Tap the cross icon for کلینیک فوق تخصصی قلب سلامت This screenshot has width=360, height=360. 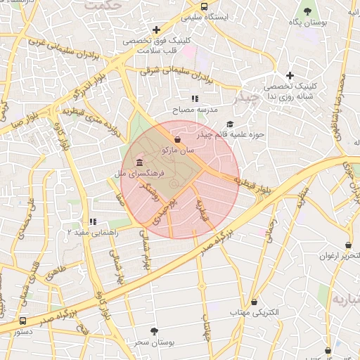pyautogui.click(x=155, y=30)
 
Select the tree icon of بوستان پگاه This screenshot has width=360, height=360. pyautogui.click(x=307, y=11)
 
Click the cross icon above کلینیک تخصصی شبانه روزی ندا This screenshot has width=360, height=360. pyautogui.click(x=290, y=75)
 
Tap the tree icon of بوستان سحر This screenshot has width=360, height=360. pyautogui.click(x=154, y=330)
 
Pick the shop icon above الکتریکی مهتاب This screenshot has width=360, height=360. pyautogui.click(x=254, y=301)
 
